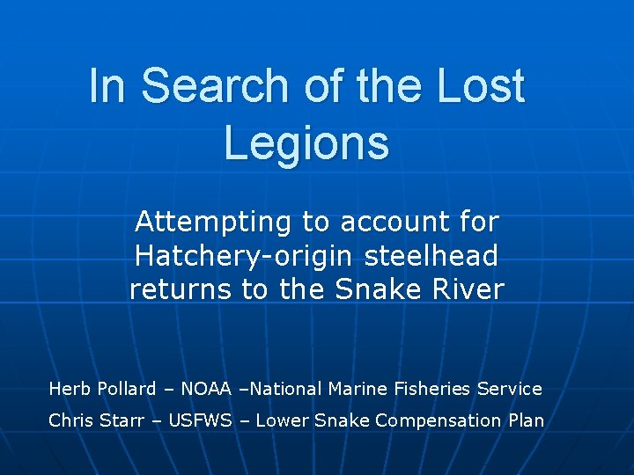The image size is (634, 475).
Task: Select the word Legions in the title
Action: [306, 142]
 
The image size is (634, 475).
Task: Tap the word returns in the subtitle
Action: [181, 289]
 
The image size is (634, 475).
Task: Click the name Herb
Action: [68, 389]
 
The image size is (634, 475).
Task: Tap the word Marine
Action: [358, 389]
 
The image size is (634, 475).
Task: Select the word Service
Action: [511, 389]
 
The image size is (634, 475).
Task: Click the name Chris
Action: [70, 420]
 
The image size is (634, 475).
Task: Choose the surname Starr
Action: [123, 420]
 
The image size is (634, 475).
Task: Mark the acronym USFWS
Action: [202, 420]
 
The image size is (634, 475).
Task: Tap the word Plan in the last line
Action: [527, 420]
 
